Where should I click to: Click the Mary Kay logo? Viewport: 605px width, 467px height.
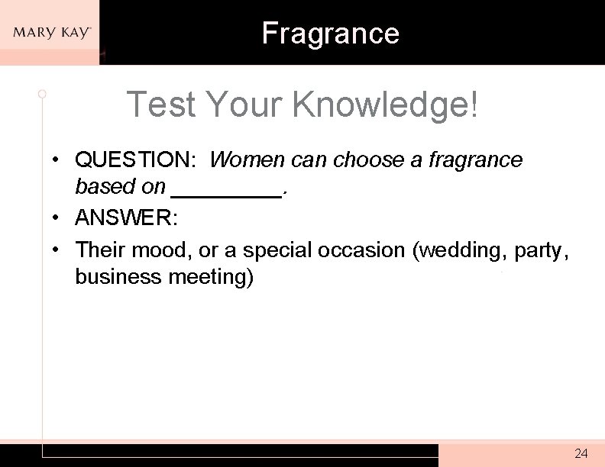pos(51,33)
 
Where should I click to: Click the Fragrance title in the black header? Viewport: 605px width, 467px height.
pos(330,33)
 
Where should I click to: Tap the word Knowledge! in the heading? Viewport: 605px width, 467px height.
pos(385,105)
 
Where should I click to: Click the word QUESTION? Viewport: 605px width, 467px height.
pos(136,160)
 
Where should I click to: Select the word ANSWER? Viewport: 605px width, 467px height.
pos(126,220)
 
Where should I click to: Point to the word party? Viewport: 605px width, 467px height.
pos(542,250)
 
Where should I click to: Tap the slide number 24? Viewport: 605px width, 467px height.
pos(581,453)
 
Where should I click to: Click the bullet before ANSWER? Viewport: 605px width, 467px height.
pos(57,220)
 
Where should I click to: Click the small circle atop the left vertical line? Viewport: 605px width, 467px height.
pos(42,94)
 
